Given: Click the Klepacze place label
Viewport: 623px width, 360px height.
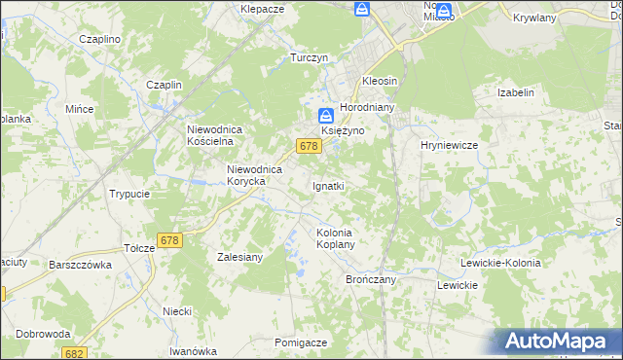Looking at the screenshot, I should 262,8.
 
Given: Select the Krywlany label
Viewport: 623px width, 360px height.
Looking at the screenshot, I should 532,18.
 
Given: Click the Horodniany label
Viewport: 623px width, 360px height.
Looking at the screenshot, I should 365,107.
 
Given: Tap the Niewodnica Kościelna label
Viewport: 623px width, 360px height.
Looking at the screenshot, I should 220,135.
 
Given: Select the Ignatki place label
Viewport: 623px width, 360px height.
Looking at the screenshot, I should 328,185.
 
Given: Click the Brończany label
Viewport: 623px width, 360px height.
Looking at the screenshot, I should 369,279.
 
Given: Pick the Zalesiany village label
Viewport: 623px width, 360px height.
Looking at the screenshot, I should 239,258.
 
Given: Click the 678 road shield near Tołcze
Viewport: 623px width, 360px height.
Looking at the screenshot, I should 169,240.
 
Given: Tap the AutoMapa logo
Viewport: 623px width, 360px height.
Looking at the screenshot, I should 559,342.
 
